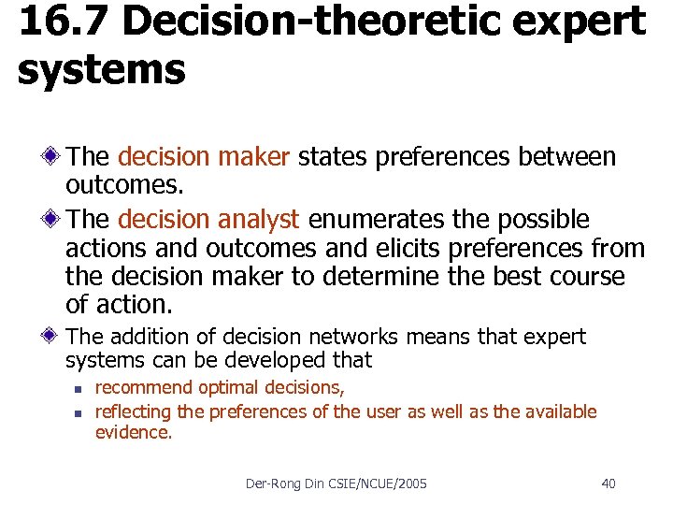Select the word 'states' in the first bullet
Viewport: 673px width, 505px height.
coord(333,156)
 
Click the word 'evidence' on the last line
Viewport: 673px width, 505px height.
coord(133,434)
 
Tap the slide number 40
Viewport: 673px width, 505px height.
coord(608,483)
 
